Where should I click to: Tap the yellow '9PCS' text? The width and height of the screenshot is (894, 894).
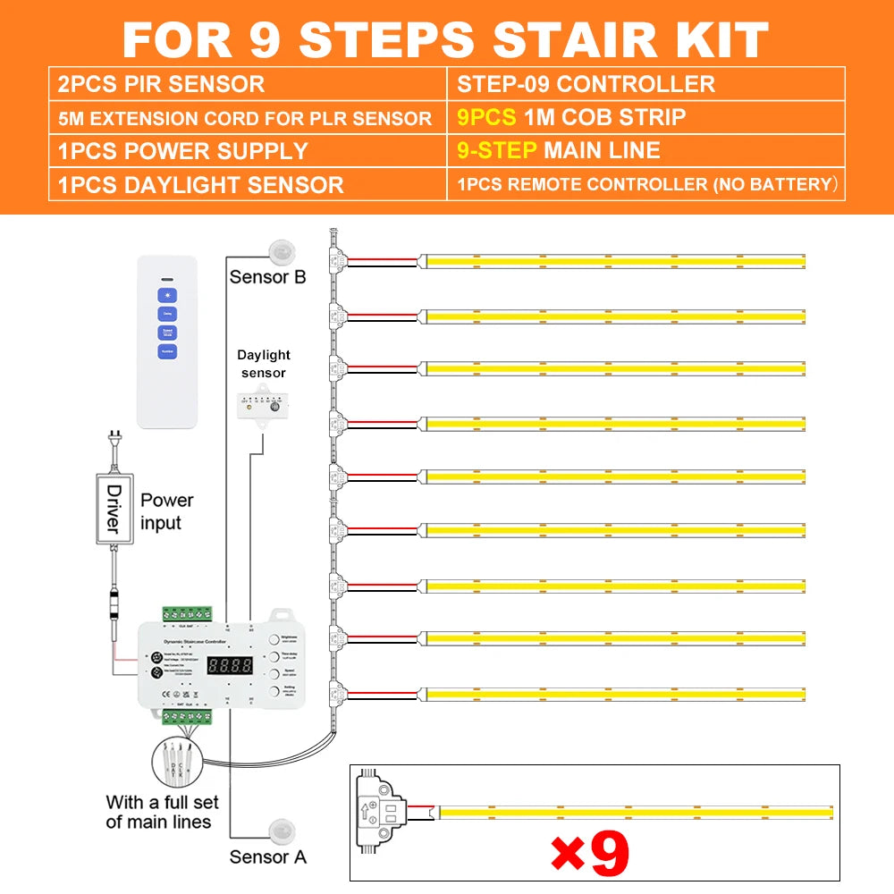(486, 117)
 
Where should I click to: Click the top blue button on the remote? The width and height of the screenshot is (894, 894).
(167, 294)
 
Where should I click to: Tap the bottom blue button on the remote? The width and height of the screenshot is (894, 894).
(167, 351)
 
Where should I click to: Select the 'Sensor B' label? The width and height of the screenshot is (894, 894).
(267, 277)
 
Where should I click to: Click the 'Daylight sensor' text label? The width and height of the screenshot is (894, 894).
(264, 364)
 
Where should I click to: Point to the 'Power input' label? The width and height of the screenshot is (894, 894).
(166, 511)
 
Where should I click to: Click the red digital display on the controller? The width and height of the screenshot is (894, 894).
(230, 666)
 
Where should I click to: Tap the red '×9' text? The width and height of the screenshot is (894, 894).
(589, 853)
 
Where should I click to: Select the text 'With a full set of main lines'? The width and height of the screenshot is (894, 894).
(161, 812)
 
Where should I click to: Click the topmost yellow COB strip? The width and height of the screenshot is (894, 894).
(615, 261)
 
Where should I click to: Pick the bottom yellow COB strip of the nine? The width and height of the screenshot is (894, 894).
(615, 693)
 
